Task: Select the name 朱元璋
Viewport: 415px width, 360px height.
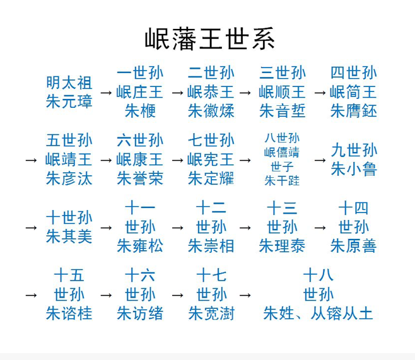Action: [x=69, y=102]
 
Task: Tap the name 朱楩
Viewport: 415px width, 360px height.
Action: [x=140, y=111]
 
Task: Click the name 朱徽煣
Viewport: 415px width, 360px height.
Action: [x=211, y=111]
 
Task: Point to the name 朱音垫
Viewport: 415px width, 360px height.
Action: [x=283, y=111]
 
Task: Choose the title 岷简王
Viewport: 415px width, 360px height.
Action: [x=353, y=92]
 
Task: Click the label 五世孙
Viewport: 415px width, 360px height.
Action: [x=69, y=140]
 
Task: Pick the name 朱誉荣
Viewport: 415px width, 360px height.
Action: [x=140, y=178]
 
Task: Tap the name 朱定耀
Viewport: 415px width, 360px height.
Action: [x=211, y=178]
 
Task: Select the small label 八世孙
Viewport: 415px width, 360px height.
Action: [x=282, y=137]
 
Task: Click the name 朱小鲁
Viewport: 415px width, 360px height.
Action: [x=354, y=169]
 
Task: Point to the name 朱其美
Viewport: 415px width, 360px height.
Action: [x=69, y=236]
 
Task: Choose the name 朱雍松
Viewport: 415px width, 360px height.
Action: [x=140, y=246]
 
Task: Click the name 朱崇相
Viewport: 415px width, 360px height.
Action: [x=211, y=246]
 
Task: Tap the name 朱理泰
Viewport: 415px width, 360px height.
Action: [x=283, y=246]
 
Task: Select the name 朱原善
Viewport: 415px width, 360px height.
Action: [x=353, y=246]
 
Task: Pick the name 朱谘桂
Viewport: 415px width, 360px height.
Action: [x=69, y=313]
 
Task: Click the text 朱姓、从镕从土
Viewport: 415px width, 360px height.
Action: [x=318, y=313]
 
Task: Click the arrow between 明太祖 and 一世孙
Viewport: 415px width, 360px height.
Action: [x=106, y=93]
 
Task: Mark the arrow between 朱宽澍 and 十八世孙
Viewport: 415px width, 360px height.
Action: [x=247, y=294]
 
